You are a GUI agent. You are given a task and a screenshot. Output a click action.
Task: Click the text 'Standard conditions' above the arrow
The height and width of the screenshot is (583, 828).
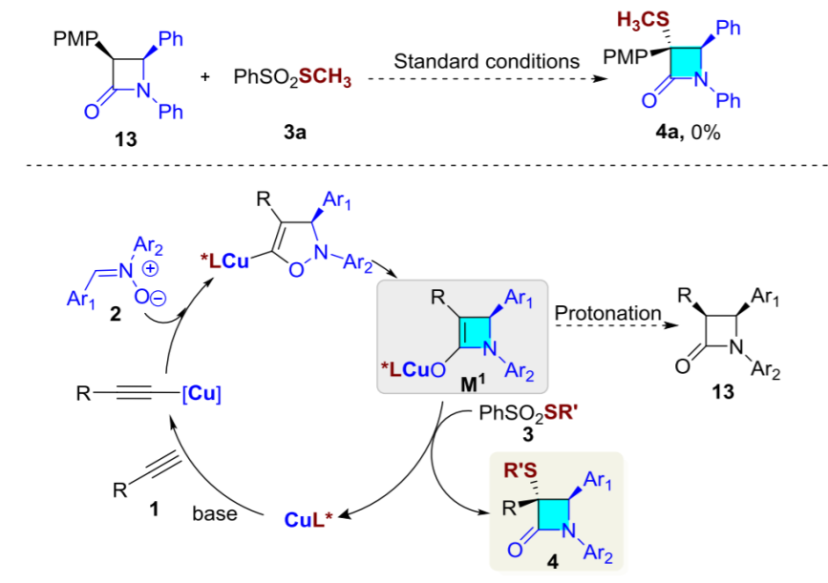tap(487, 61)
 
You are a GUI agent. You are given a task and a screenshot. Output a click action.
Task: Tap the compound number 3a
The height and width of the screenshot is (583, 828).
tap(294, 135)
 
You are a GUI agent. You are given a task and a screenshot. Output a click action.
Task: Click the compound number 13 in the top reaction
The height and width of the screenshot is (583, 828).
tap(124, 140)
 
